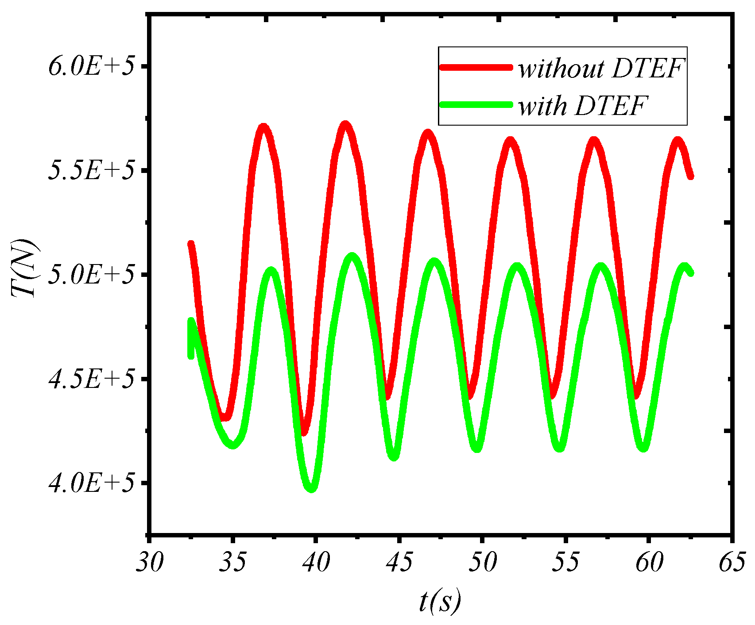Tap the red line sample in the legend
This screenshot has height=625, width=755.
(x=476, y=67)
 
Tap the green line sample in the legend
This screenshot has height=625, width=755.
(x=476, y=105)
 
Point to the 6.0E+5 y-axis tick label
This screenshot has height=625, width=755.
(x=91, y=67)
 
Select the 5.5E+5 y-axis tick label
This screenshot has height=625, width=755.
(x=91, y=171)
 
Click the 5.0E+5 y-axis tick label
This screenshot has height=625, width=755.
(x=91, y=275)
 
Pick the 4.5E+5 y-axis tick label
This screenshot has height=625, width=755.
(x=91, y=380)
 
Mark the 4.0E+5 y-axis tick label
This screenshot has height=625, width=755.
(x=91, y=483)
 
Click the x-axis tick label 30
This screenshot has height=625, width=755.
(x=150, y=563)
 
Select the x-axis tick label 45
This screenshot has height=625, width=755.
(x=399, y=563)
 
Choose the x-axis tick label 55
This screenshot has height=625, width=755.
(x=566, y=563)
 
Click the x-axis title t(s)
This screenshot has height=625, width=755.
(x=440, y=602)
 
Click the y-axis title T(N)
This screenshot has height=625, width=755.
(x=25, y=268)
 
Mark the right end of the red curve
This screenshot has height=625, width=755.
(x=691, y=176)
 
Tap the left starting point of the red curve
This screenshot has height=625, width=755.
(x=191, y=244)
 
